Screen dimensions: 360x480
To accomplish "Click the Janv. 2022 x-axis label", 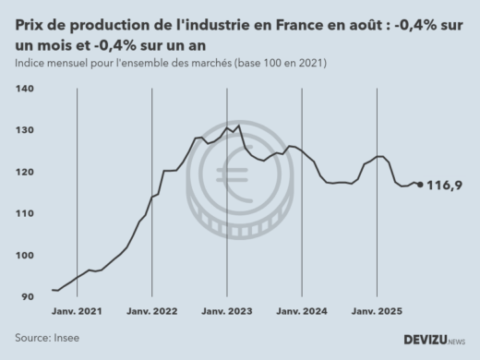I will point(151,312).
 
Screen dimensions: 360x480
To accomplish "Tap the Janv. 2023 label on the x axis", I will point(227,312).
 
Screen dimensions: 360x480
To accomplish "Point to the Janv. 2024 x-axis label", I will point(302,312).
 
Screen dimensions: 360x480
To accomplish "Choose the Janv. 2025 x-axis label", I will point(377,312).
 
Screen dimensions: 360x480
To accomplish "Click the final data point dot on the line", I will point(421,185).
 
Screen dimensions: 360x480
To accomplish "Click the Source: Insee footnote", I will point(47,338).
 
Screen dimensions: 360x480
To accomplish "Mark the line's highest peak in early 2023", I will point(238,126).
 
